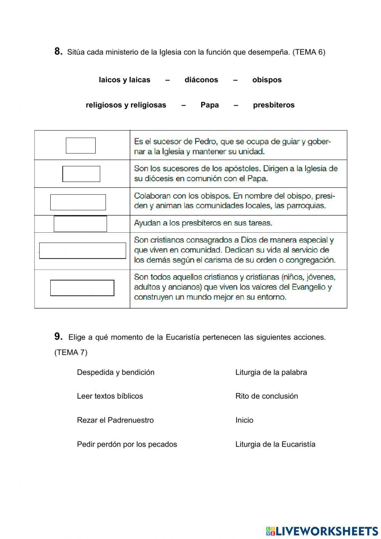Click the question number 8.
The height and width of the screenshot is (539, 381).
point(58,51)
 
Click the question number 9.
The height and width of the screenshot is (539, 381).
point(58,336)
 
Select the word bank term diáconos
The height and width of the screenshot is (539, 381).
point(201,80)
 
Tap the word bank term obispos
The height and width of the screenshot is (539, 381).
point(267,80)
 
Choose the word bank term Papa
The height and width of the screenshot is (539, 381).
point(210,105)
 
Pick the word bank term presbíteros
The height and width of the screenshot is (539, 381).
point(274,105)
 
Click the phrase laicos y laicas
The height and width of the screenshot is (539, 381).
point(125,80)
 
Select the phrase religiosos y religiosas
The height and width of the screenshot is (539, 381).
point(126,105)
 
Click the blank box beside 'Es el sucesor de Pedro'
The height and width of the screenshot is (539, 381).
point(81,145)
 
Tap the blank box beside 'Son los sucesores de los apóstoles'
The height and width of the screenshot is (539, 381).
point(81,174)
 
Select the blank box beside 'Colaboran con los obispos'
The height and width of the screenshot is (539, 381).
point(78,202)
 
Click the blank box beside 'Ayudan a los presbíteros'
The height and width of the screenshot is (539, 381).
point(80,224)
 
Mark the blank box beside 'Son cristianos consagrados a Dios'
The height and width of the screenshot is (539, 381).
point(83,251)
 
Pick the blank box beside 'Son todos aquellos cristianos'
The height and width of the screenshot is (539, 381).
point(82,288)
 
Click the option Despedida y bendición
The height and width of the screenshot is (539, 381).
point(115,372)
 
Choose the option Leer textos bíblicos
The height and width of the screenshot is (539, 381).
point(110,396)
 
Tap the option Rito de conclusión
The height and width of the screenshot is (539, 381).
point(266,396)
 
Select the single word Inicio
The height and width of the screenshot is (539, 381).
point(244,420)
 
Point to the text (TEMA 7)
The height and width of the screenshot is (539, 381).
point(71,352)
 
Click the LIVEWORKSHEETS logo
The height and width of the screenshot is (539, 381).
point(322,531)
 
